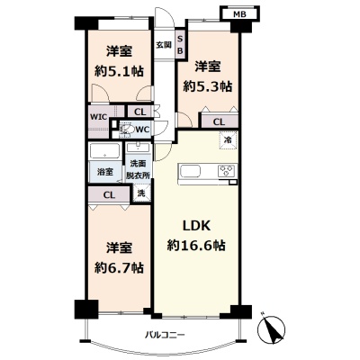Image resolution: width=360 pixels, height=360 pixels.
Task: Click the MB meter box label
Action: (x=239, y=14)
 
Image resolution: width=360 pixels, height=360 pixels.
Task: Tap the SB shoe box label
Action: (x=180, y=45)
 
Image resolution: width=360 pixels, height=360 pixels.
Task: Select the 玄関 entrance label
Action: (x=164, y=45)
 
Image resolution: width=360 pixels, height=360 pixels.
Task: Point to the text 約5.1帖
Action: (x=119, y=71)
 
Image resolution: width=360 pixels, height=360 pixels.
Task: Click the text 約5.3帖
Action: (x=208, y=86)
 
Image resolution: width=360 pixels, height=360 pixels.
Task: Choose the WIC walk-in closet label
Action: (x=98, y=117)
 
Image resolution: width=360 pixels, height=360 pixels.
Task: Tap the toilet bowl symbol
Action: (x=127, y=130)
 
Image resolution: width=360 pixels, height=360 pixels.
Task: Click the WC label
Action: (x=142, y=130)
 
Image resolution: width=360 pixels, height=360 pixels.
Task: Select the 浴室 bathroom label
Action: (x=104, y=172)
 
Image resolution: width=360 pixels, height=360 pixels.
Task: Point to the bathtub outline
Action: (x=105, y=152)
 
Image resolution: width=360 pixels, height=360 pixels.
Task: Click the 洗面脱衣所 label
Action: (x=138, y=170)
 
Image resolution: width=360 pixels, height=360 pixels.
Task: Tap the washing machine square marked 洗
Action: (x=141, y=193)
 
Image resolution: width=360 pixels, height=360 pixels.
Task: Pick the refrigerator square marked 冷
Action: (x=229, y=139)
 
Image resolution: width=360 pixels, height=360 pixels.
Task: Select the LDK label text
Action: (x=196, y=226)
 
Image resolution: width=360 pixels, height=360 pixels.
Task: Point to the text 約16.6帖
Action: (x=196, y=247)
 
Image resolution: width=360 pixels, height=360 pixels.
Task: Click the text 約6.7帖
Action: (x=119, y=266)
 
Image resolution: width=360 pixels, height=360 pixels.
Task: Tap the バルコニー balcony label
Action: (x=165, y=334)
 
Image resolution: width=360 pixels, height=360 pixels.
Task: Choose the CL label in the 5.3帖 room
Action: (x=219, y=122)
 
